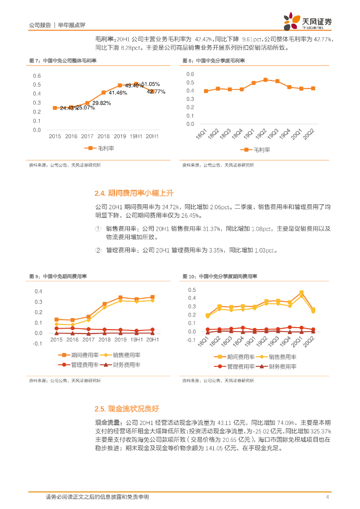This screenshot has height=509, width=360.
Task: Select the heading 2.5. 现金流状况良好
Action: (127, 409)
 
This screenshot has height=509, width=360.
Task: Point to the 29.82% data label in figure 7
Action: (101, 103)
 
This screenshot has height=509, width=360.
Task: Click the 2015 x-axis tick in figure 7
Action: (55, 136)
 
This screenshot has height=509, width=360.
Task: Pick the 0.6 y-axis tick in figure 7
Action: (37, 76)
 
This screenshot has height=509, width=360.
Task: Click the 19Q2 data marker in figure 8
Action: (266, 80)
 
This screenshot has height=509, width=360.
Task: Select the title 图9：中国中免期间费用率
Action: (58, 276)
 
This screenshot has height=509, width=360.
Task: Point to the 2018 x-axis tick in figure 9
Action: (104, 340)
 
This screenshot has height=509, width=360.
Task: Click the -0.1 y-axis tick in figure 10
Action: (191, 340)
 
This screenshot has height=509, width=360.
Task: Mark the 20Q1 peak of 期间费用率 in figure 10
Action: (301, 293)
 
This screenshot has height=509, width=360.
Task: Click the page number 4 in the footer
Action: (327, 497)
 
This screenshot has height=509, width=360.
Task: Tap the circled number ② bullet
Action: (98, 251)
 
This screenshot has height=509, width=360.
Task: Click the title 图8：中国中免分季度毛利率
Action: (217, 61)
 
